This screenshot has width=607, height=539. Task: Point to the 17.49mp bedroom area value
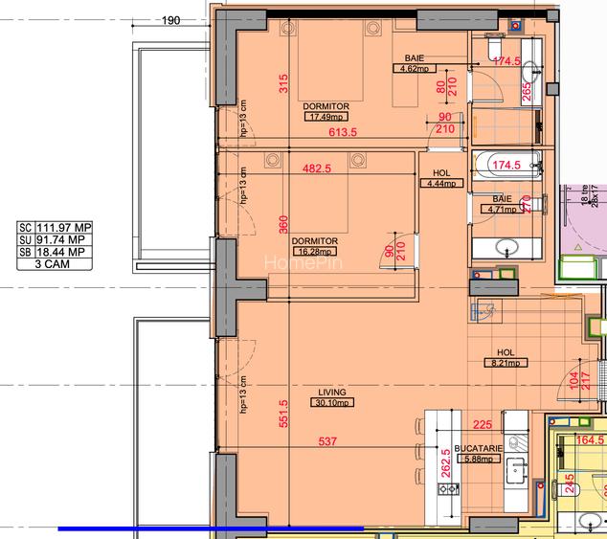326,117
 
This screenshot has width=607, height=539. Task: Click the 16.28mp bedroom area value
315,251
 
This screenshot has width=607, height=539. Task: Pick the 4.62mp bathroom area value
413,69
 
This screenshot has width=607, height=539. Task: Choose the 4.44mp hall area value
440,183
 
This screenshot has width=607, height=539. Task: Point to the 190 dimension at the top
171,19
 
